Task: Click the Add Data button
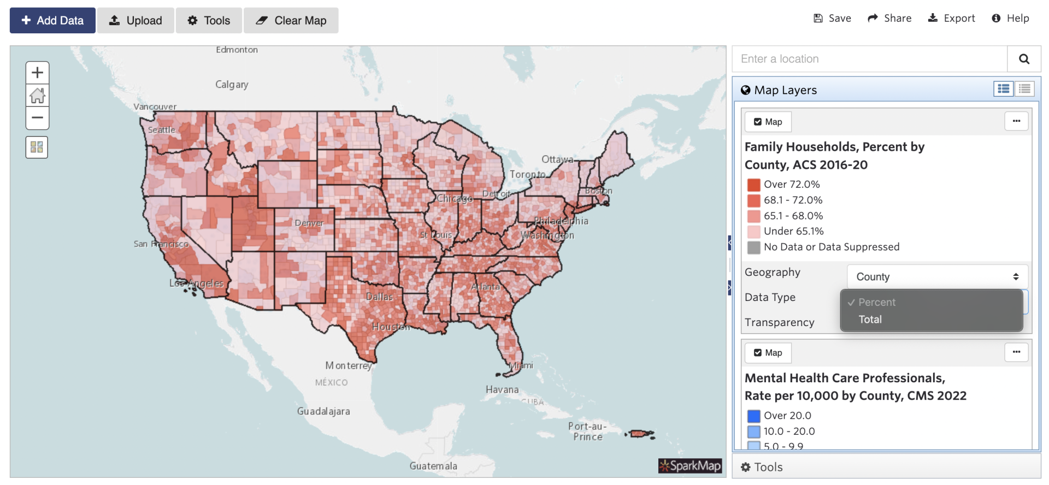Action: [x=52, y=21]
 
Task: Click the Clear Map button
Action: [x=291, y=21]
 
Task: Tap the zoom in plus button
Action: [x=37, y=73]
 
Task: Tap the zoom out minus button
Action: [x=37, y=118]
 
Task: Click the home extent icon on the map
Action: [x=37, y=96]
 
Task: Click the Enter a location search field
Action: [x=869, y=59]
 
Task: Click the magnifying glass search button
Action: [x=1024, y=59]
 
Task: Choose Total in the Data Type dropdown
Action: [x=870, y=320]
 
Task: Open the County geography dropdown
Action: [x=937, y=277]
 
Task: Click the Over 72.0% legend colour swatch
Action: [x=753, y=185]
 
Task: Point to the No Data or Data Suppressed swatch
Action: [x=753, y=247]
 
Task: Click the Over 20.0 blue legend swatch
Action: [x=753, y=416]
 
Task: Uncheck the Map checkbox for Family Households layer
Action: [x=758, y=122]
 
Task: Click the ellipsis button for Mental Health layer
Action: [x=1016, y=352]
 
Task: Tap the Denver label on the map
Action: [x=309, y=223]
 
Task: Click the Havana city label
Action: [x=502, y=389]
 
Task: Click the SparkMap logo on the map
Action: [x=689, y=466]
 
